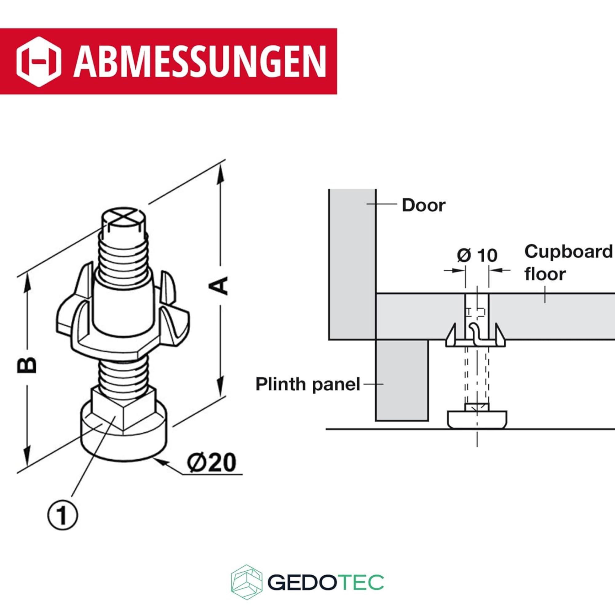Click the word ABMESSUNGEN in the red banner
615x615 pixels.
pyautogui.click(x=200, y=61)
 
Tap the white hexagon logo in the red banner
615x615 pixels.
pyautogui.click(x=39, y=61)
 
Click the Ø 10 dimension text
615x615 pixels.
pyautogui.click(x=477, y=255)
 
